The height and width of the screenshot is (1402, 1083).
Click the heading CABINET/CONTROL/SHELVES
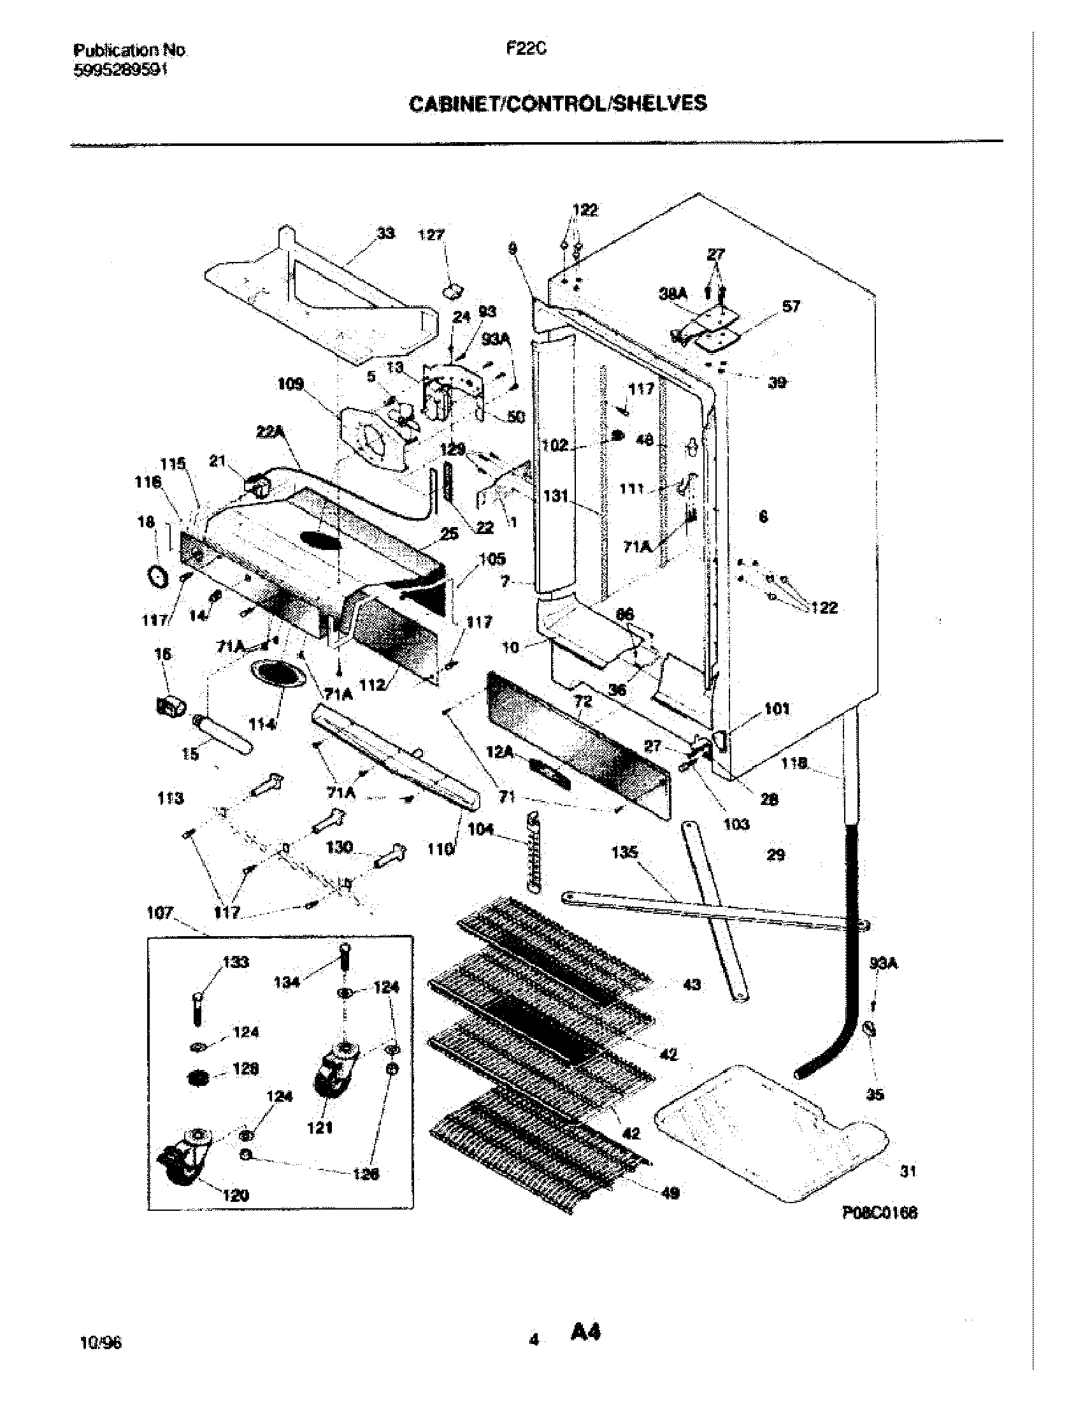pyautogui.click(x=557, y=103)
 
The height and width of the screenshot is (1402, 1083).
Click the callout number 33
pyautogui.click(x=385, y=233)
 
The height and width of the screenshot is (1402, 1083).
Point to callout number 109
pyautogui.click(x=290, y=384)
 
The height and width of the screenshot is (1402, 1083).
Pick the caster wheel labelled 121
pyautogui.click(x=334, y=1071)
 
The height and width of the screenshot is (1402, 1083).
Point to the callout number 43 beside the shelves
pyautogui.click(x=692, y=984)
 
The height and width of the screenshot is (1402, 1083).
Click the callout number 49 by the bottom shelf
pyautogui.click(x=670, y=1192)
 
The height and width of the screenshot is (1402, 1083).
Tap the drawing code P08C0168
pyautogui.click(x=879, y=1212)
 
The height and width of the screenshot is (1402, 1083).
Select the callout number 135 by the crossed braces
pyautogui.click(x=624, y=852)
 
